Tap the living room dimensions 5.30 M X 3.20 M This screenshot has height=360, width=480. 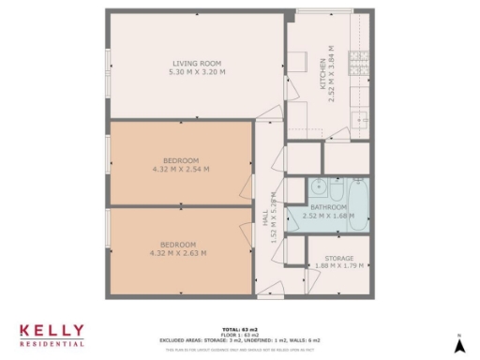pyautogui.click(x=197, y=71)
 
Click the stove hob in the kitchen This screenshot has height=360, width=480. pyautogui.click(x=358, y=63)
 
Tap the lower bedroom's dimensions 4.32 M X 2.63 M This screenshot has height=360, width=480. pyautogui.click(x=178, y=252)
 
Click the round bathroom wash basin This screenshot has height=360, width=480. pyautogui.click(x=317, y=184)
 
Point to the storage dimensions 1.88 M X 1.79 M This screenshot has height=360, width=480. pyautogui.click(x=338, y=265)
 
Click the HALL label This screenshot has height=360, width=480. pyautogui.click(x=264, y=217)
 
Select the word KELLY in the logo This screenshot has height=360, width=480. pyautogui.click(x=52, y=331)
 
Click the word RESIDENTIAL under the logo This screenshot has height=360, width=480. pyautogui.click(x=52, y=344)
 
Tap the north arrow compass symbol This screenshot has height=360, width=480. pyautogui.click(x=459, y=344)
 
